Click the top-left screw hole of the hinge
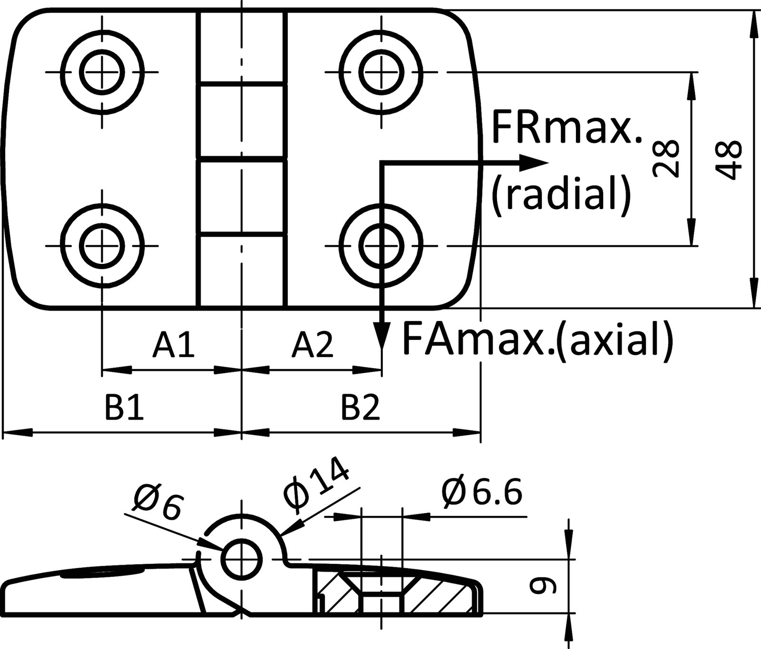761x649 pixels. [x=102, y=73]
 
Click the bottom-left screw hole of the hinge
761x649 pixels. [x=102, y=246]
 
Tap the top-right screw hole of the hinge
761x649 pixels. [x=381, y=73]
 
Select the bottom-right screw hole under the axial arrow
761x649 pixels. [x=381, y=246]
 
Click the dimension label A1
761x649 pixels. [x=173, y=345]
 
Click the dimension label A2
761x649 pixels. [x=313, y=345]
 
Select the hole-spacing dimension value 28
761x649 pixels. [x=666, y=159]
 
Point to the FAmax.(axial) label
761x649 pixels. [x=537, y=339]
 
